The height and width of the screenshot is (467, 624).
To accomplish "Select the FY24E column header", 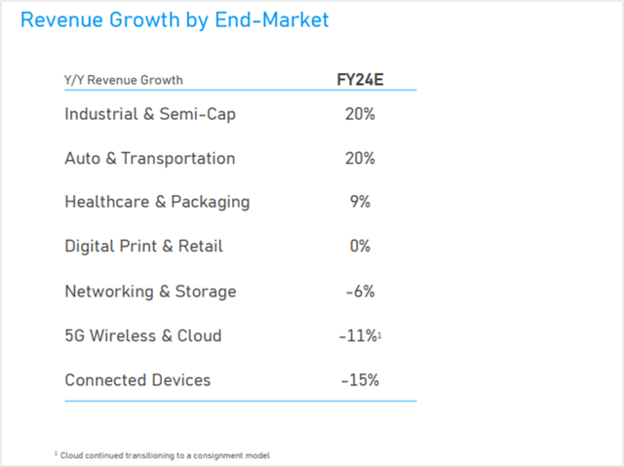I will coord(360,80).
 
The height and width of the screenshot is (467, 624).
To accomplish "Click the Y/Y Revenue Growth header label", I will coord(124,80).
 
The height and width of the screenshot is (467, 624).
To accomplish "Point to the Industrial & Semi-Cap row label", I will coord(150,114).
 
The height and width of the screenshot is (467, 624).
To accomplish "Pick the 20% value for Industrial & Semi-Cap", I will coord(360,114).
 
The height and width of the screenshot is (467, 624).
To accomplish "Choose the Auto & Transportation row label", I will coord(149,158).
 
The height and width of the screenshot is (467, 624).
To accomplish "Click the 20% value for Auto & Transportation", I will coord(360,158).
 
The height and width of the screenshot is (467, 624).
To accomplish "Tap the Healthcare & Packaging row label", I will coord(157,202).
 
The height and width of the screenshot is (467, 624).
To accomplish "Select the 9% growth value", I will coord(360,202).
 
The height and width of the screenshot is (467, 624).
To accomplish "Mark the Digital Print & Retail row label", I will coord(143,247).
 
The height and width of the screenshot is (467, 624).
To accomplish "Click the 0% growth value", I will coord(360,247).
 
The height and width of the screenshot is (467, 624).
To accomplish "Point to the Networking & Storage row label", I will coord(150,292).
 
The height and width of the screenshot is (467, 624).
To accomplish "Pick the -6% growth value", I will coord(360,292).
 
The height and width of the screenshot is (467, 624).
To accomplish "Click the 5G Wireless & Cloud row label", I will coord(142,335).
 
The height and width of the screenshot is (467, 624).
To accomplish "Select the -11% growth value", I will coord(358,335).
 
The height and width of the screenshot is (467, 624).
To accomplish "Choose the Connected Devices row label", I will coord(137,379).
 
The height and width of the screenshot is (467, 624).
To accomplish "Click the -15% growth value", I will coord(360,379).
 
